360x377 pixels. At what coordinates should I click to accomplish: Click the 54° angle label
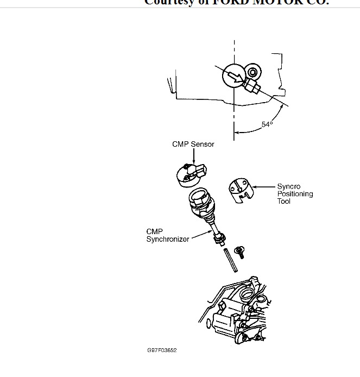(267, 124)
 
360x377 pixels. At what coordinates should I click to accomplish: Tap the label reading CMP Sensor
(193, 144)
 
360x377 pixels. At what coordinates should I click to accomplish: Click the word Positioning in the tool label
(295, 194)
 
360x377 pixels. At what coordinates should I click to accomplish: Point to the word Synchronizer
(168, 239)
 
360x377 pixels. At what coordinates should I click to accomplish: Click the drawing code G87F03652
(162, 350)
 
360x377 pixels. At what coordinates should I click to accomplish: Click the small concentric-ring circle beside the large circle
(252, 71)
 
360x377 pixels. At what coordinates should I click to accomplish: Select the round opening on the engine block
(247, 295)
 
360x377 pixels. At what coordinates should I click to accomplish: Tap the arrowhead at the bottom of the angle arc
(237, 131)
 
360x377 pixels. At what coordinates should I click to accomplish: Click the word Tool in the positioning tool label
(284, 201)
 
